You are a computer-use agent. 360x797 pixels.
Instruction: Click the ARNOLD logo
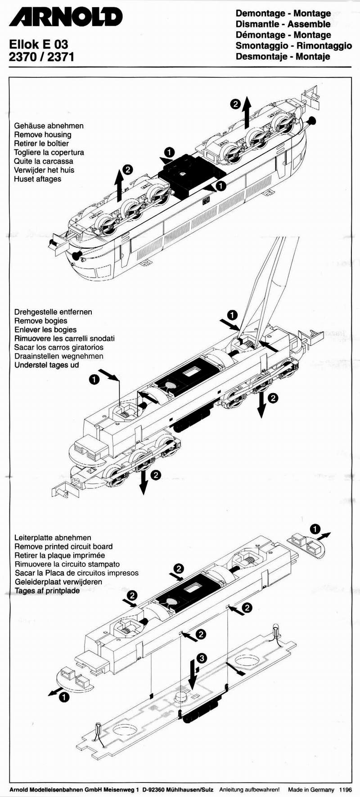(x=66, y=18)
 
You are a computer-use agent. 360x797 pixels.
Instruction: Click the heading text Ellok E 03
(x=39, y=44)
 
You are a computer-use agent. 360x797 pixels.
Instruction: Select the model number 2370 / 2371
(x=41, y=57)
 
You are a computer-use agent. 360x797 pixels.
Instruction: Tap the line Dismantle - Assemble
(x=283, y=24)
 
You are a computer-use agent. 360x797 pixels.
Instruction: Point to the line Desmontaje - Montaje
(x=283, y=57)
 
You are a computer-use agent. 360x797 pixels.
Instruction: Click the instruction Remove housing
(x=43, y=134)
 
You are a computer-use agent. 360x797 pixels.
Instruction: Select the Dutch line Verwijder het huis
(x=44, y=170)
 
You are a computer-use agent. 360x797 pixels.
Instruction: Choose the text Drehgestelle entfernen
(x=53, y=312)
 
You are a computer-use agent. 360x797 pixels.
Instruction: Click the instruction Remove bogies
(x=40, y=321)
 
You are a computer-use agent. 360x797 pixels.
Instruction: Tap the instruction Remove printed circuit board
(x=63, y=546)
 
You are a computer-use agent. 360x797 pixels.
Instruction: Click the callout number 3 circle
(x=202, y=658)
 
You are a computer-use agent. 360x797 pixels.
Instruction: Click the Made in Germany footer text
(x=311, y=789)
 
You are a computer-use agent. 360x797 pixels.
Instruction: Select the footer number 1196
(x=345, y=789)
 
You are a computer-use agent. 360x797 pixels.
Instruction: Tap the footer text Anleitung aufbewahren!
(x=249, y=789)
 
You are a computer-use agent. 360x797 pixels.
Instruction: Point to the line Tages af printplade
(x=47, y=591)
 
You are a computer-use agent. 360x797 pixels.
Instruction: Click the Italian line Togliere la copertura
(x=49, y=152)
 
